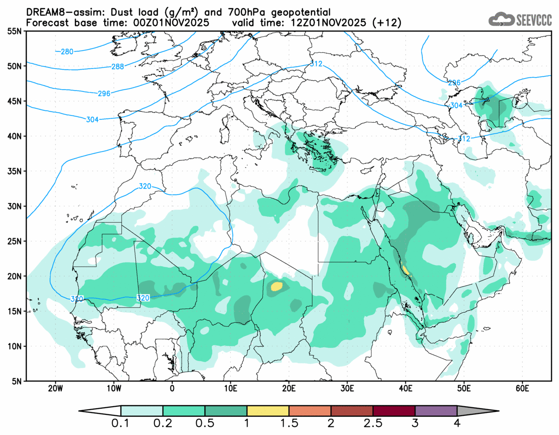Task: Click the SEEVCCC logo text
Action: click(x=534, y=20)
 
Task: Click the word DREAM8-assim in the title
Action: click(x=54, y=12)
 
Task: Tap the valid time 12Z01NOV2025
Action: click(x=325, y=23)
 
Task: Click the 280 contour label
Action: click(x=67, y=51)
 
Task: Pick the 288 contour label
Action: click(x=118, y=67)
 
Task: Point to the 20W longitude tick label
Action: click(x=56, y=388)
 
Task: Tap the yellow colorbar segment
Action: click(x=268, y=411)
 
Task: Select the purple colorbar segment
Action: click(x=436, y=411)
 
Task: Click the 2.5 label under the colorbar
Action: click(x=373, y=423)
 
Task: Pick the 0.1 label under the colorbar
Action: click(x=121, y=423)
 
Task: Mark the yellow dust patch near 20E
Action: click(x=276, y=287)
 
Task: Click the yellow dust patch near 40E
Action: click(x=406, y=270)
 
